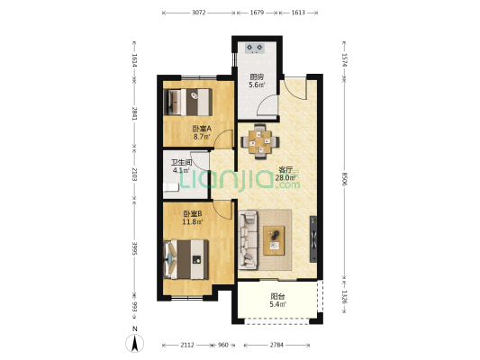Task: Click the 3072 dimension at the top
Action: [x=199, y=13]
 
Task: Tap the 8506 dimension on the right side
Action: [x=345, y=178]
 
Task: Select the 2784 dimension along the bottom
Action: [x=276, y=345]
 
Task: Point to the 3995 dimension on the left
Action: [x=134, y=248]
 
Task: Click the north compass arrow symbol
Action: [x=134, y=343]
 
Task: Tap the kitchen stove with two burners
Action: [x=255, y=48]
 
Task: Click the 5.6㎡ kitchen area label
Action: [x=257, y=85]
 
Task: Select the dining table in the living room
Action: [x=260, y=141]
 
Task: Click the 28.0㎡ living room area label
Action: [x=284, y=177]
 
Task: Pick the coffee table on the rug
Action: [x=274, y=240]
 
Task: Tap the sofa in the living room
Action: [x=248, y=239]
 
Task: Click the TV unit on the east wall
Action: [x=313, y=239]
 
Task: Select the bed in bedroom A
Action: [x=187, y=102]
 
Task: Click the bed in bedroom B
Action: [x=186, y=259]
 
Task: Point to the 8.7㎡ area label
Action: [x=202, y=137]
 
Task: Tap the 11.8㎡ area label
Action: [x=192, y=221]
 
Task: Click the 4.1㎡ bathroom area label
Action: [x=181, y=170]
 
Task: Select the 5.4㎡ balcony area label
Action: [x=277, y=304]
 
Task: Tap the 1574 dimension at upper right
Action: [x=345, y=60]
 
